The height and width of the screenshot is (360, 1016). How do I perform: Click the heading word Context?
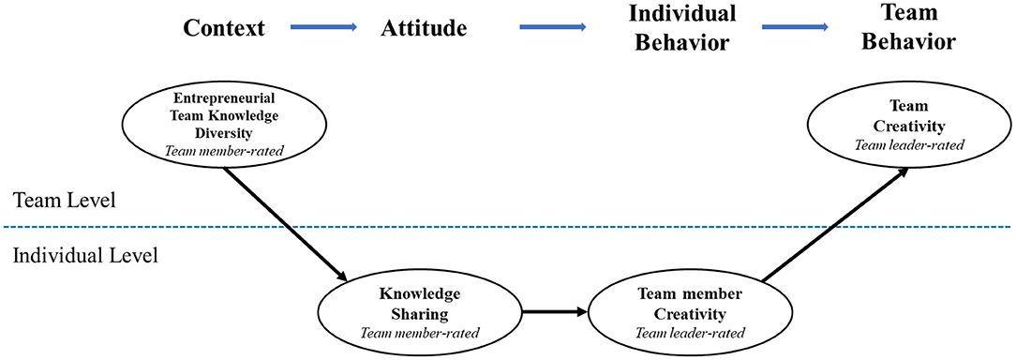tap(224, 27)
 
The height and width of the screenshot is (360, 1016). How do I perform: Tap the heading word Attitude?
tap(424, 27)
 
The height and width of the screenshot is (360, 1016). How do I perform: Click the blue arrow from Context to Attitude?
tap(323, 27)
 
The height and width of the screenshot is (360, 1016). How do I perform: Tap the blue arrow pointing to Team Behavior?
tap(796, 27)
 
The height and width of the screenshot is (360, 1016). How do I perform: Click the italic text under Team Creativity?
tap(901, 144)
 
